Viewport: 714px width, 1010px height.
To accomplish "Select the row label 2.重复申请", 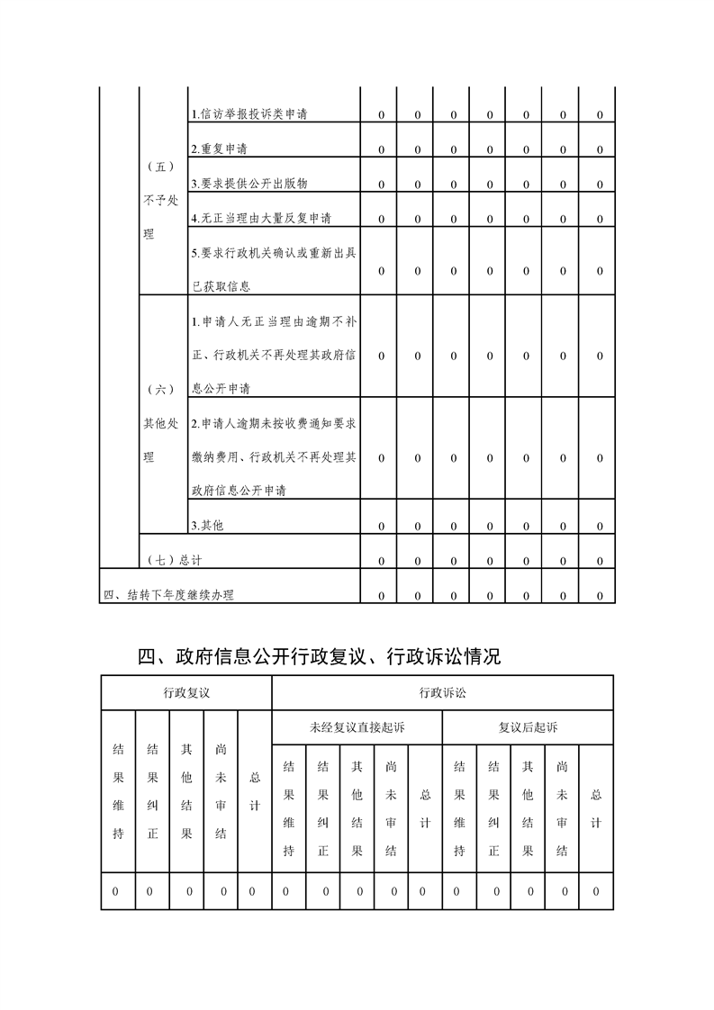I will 220,149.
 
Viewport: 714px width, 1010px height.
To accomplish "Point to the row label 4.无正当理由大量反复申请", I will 261,218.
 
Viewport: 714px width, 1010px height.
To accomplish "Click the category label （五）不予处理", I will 160,200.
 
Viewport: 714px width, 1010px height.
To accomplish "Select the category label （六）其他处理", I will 160,423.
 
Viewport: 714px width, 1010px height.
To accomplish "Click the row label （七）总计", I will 174,560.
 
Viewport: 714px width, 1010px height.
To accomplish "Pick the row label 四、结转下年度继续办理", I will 169,595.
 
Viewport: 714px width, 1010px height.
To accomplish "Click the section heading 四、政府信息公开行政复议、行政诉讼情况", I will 319,657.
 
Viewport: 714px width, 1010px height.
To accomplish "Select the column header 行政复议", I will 186,692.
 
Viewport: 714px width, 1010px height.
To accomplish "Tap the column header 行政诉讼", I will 442,692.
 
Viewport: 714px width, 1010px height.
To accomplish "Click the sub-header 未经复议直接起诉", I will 357,726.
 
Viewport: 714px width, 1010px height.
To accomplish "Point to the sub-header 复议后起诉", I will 528,726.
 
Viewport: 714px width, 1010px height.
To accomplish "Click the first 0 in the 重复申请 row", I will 381,149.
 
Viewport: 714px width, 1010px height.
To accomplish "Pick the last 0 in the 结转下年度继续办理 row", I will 600,595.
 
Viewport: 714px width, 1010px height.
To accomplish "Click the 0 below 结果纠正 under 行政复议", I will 151,891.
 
